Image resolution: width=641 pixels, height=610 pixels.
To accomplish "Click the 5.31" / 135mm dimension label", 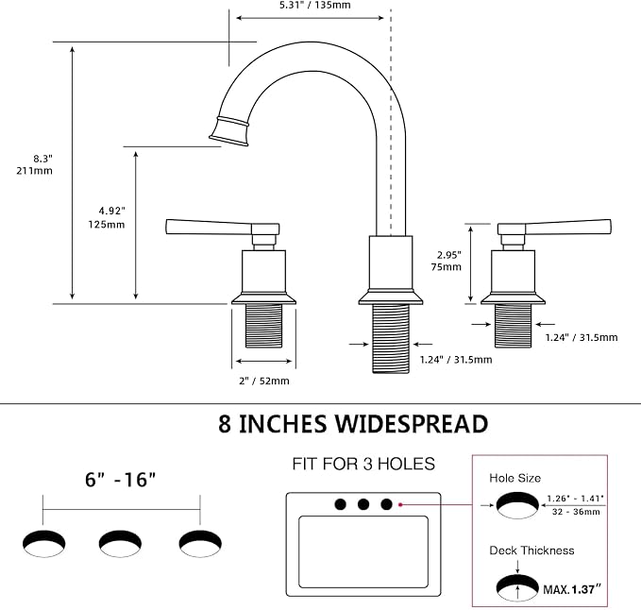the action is [314, 6].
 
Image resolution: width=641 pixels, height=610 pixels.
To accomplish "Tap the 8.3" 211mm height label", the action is [35, 164].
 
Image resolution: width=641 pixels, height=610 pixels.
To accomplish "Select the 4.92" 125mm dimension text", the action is [107, 217].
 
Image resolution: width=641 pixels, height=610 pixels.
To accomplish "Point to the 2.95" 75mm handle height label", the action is [446, 261].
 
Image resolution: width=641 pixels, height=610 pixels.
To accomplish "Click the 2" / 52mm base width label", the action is [264, 381].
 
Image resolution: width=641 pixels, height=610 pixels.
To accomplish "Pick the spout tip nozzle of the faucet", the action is [229, 131].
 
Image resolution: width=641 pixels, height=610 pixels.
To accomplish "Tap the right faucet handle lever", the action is [554, 229].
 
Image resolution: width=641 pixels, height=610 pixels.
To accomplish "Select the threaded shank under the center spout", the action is [391, 339].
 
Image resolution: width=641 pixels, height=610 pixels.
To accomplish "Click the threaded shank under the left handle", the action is [263, 326].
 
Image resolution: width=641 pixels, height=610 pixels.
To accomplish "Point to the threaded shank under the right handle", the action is [513, 326].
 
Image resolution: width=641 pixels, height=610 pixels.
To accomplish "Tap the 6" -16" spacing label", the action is [121, 479].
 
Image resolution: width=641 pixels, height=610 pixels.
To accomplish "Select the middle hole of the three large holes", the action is [120, 544].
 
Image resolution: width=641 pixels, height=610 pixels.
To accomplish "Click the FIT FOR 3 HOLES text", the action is [363, 464].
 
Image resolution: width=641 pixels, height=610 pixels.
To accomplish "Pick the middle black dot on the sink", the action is [363, 504].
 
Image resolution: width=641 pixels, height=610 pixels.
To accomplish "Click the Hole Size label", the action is [515, 478].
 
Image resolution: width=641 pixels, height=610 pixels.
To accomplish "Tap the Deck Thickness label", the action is [531, 551].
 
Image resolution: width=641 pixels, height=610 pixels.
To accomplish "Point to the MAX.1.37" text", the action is [572, 589].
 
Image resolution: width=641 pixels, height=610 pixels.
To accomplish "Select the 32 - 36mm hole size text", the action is [576, 512].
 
